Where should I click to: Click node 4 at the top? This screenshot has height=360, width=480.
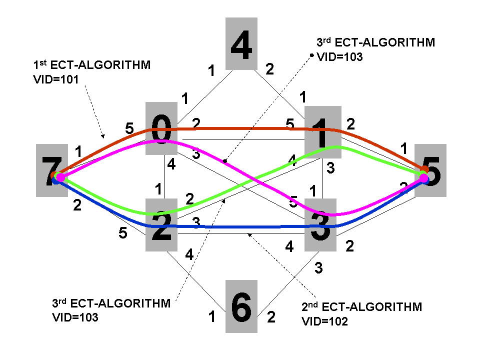click(241, 43)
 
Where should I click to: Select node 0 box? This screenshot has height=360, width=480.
click(161, 128)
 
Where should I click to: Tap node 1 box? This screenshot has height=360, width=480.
click(323, 131)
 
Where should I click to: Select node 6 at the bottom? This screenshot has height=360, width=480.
click(241, 306)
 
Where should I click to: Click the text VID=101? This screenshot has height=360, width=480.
click(54, 79)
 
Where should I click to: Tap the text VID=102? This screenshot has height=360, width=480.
click(324, 321)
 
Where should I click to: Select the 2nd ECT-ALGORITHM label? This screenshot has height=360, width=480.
click(362, 306)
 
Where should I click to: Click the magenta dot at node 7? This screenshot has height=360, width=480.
click(60, 177)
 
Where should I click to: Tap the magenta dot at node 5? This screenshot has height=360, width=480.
click(423, 179)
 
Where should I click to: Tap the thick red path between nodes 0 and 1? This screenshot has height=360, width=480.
click(240, 128)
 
